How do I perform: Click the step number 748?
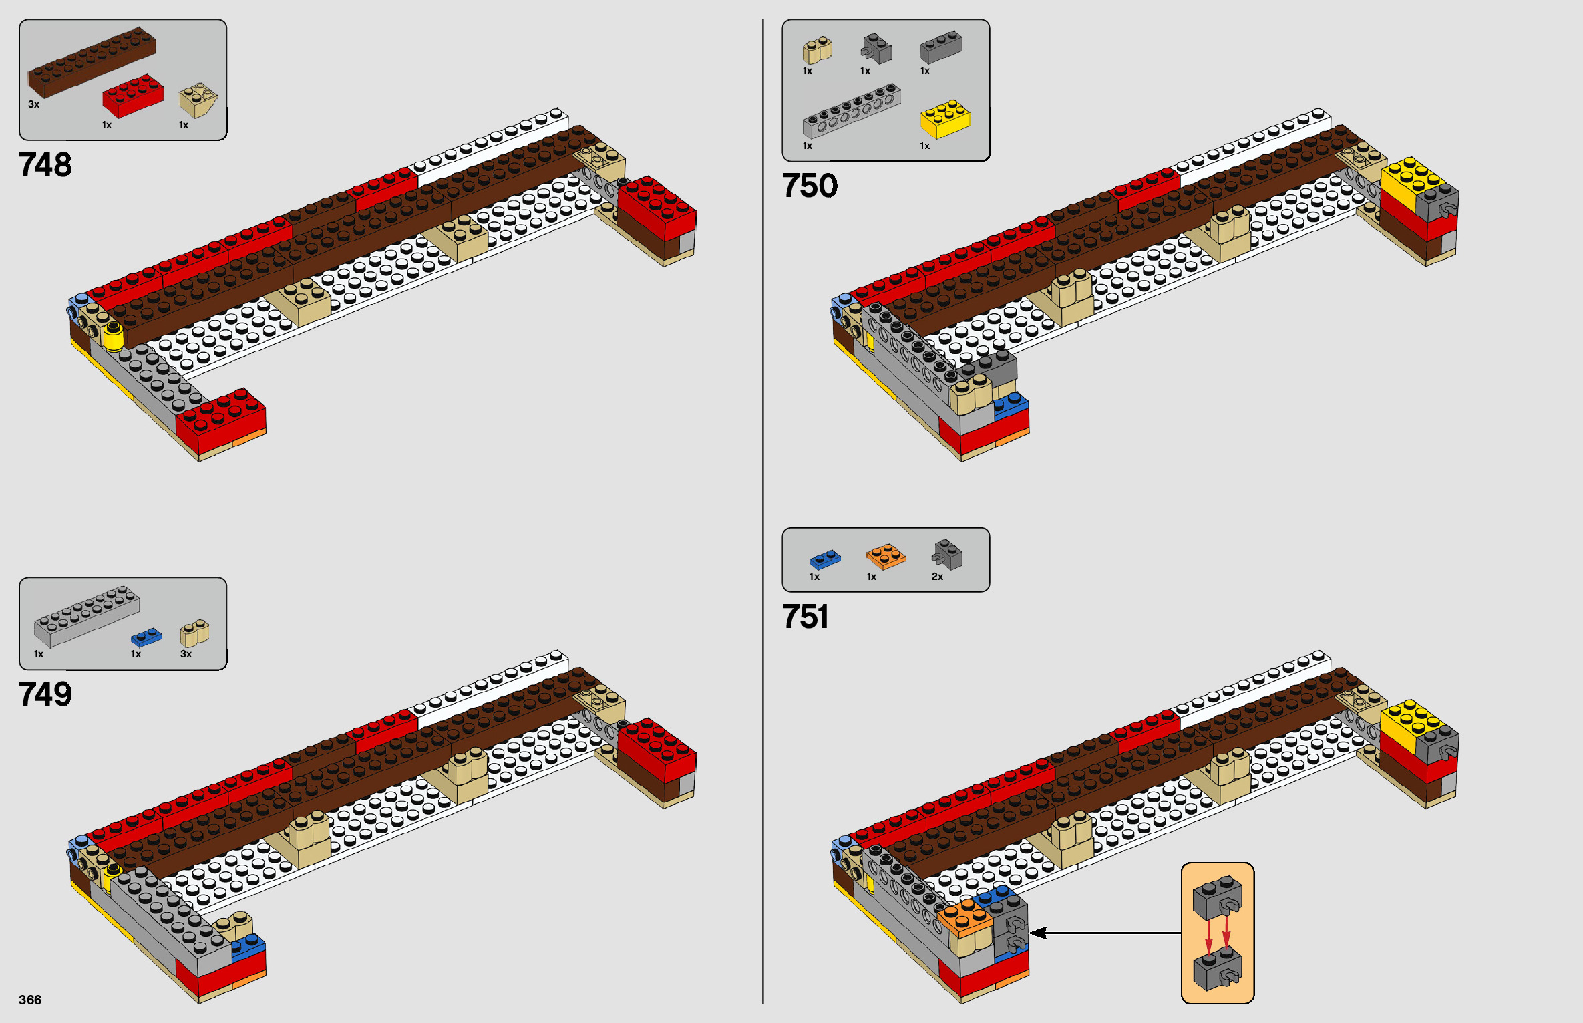(45, 165)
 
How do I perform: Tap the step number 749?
(45, 694)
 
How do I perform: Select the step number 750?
(809, 186)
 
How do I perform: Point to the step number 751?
(805, 617)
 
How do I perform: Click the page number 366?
(30, 1000)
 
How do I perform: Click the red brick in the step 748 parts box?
(133, 96)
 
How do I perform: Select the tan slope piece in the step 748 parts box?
(198, 100)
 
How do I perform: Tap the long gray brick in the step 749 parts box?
(87, 616)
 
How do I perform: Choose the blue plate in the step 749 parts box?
(146, 637)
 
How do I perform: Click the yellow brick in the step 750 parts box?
(944, 118)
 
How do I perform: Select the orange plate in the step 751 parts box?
(886, 556)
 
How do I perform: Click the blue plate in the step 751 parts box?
(825, 559)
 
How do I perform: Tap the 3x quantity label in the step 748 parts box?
(34, 104)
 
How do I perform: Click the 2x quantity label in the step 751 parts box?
(937, 577)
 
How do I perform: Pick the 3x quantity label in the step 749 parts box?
(186, 654)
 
